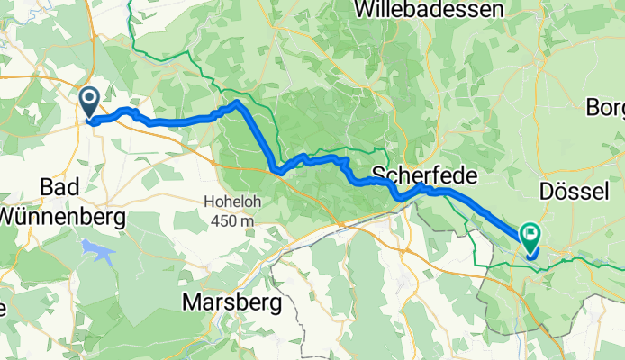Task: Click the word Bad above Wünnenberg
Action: (x=61, y=186)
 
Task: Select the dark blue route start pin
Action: (x=89, y=102)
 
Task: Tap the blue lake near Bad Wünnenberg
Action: (x=97, y=251)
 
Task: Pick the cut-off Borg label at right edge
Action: (x=605, y=107)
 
